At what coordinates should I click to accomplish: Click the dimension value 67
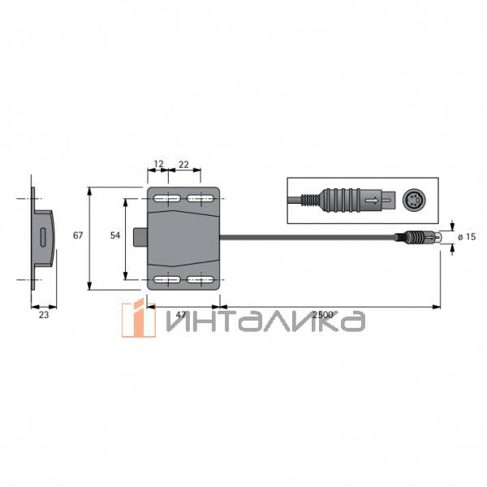[x=78, y=235]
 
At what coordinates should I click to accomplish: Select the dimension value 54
[x=115, y=235]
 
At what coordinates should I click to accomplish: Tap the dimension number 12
[x=158, y=164]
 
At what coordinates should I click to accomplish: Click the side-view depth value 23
[x=43, y=315]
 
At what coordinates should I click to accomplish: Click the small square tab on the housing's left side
[x=142, y=238]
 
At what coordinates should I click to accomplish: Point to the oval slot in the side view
[x=42, y=237]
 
